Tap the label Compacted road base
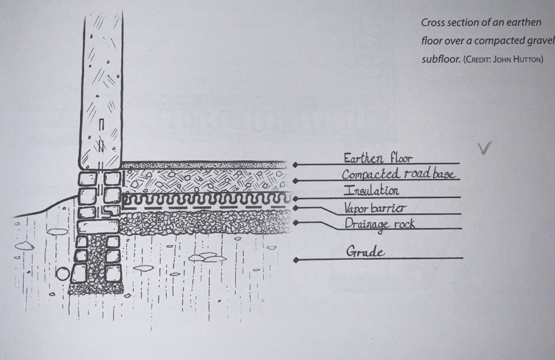point(398,174)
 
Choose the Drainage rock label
point(379,224)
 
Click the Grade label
point(365,252)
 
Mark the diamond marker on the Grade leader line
point(296,260)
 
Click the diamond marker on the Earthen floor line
point(296,165)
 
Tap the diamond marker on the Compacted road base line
point(296,181)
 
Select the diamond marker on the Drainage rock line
point(296,223)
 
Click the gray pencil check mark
point(485,148)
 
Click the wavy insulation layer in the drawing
point(204,200)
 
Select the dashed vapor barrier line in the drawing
point(204,208)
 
